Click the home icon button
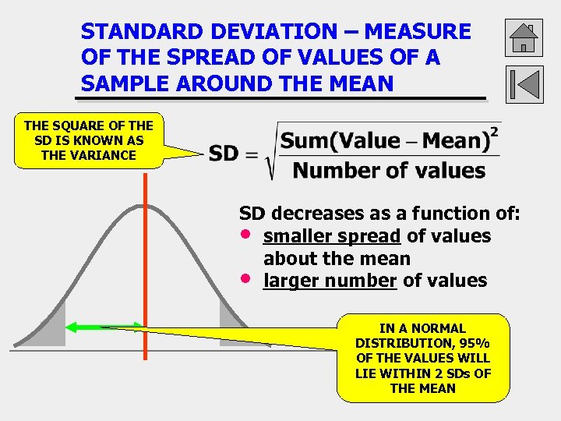524,37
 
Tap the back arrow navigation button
524,84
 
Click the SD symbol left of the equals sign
224,154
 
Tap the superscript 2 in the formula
494,132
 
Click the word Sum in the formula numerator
299,141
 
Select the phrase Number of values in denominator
389,170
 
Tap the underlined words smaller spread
332,236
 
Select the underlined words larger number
330,281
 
